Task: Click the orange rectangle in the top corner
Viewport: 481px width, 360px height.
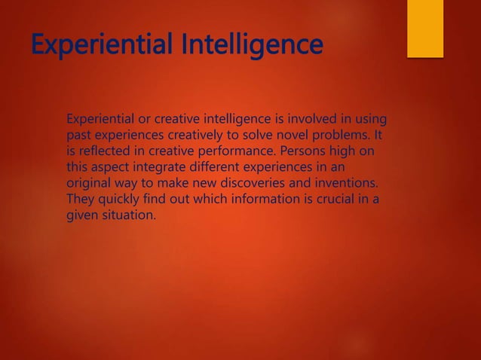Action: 425,27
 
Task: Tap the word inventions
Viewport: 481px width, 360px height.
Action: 344,184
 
